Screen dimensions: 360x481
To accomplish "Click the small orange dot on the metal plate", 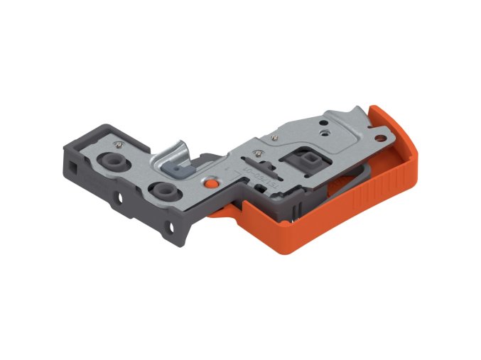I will pyautogui.click(x=210, y=182).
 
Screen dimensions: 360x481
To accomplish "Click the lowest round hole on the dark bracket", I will pyautogui.click(x=171, y=226).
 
